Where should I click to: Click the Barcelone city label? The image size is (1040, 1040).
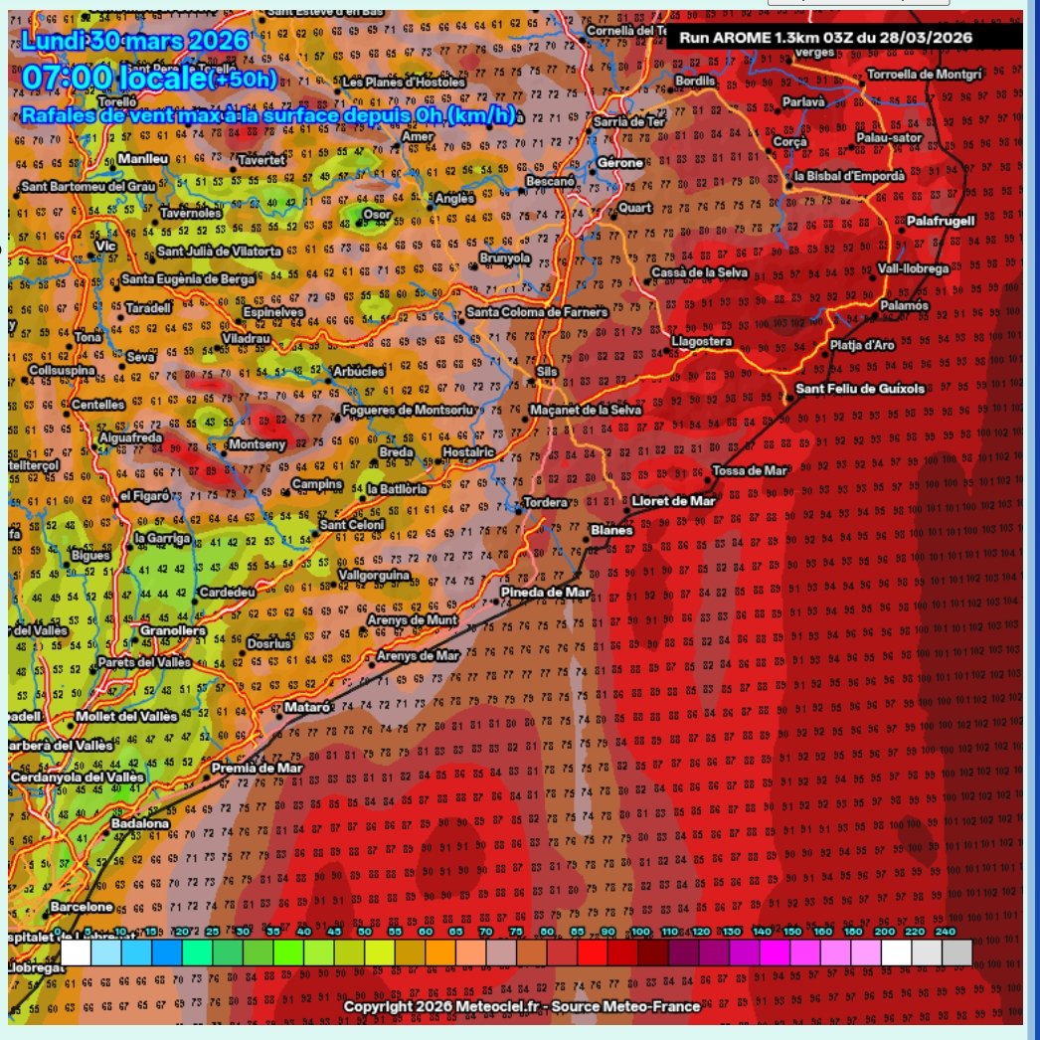[x=82, y=907]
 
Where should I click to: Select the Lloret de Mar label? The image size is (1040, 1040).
[x=674, y=501]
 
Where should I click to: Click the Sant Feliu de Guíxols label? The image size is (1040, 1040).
[x=861, y=388]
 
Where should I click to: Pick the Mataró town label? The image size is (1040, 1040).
[x=306, y=707]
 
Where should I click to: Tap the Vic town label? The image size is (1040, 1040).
[x=105, y=246]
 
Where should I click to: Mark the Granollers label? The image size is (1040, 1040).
[x=172, y=630]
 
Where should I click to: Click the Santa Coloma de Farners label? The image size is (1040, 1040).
[x=536, y=312]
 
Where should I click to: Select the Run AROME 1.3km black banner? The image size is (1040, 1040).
[x=843, y=38]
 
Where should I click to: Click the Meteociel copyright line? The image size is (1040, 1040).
[x=521, y=1006]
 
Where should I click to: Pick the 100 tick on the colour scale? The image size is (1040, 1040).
[x=640, y=932]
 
